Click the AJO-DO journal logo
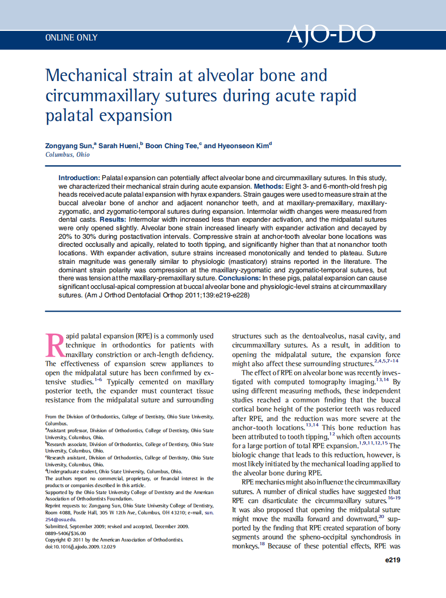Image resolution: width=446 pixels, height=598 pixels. click(331, 35)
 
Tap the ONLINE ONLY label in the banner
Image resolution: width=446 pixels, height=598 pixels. click(71, 38)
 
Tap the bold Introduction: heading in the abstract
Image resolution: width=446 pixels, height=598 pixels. click(79, 177)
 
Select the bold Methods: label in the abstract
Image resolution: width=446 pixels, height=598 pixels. click(271, 187)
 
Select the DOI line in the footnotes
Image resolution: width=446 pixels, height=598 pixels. click(80, 547)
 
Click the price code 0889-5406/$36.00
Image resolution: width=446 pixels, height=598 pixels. click(65, 533)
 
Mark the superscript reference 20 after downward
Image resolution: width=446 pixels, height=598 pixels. click(381, 516)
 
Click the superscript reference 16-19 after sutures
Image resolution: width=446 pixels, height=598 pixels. click(394, 498)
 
